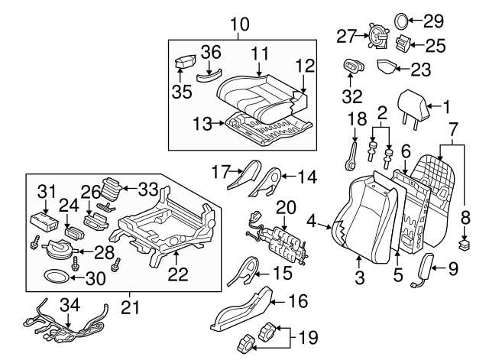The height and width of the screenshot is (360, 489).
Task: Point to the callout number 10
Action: point(239,24)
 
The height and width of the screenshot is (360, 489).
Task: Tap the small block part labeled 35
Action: point(186,63)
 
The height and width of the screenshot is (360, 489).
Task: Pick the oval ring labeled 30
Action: point(55,277)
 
